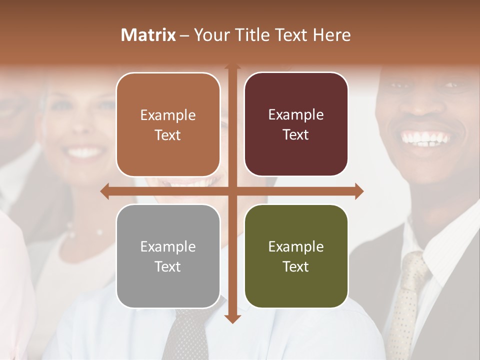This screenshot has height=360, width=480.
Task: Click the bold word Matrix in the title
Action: pos(148,35)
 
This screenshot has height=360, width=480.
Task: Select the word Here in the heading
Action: pos(331,35)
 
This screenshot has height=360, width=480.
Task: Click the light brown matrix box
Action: pos(168,124)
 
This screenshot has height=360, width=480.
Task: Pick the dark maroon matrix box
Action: pos(296,124)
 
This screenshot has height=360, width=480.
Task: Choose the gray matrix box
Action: pos(168,256)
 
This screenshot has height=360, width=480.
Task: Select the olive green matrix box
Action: pos(296,256)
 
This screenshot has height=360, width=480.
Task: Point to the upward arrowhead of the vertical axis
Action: pos(232,66)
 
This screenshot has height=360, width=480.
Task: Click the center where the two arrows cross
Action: pos(232,191)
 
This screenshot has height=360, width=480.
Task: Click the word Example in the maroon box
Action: pos(296,115)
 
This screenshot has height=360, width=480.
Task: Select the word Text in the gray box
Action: pos(168,266)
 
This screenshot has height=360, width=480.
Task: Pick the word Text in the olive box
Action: pos(296,266)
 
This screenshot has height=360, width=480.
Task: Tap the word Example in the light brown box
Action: pos(168,115)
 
